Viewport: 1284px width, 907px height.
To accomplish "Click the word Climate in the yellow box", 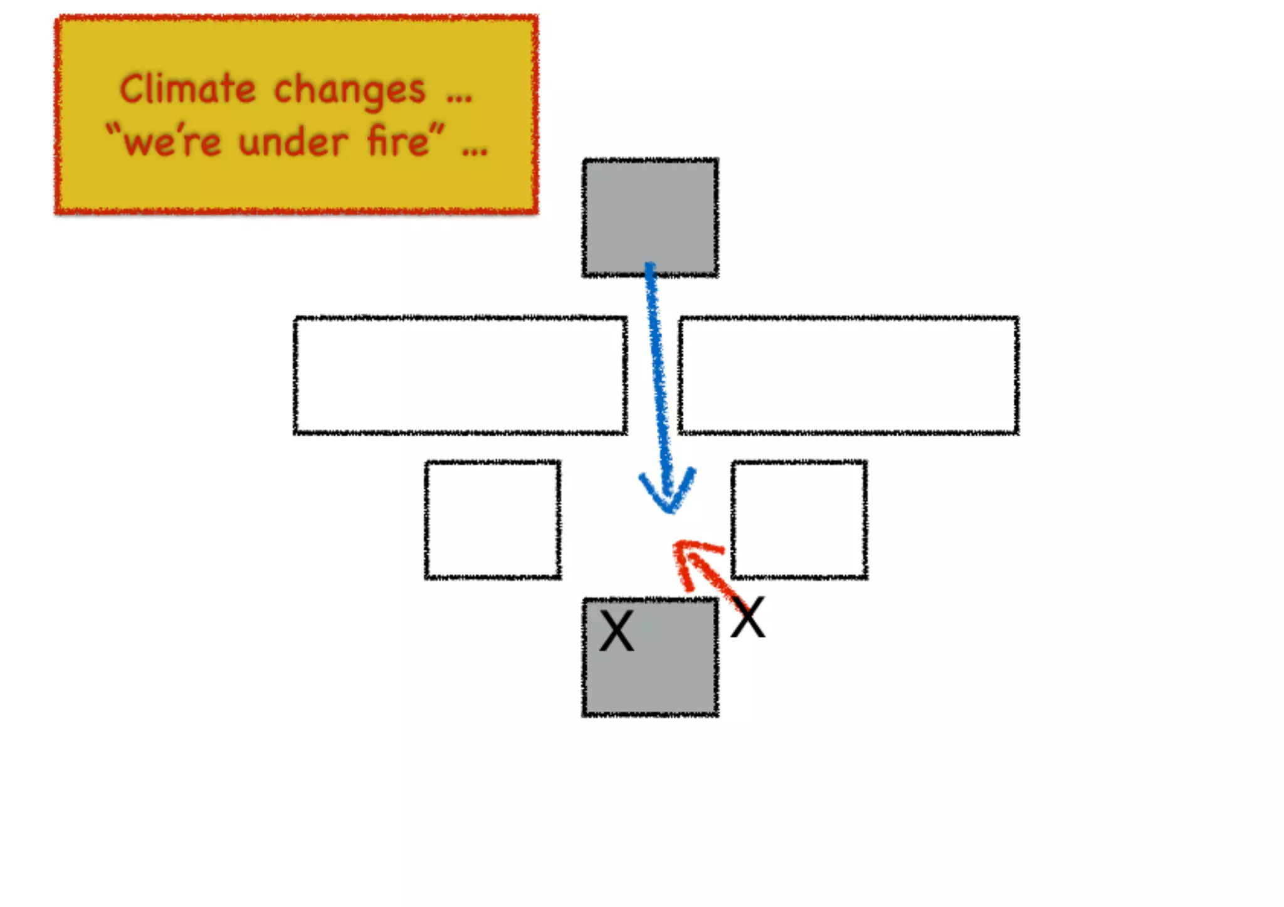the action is click(x=187, y=89).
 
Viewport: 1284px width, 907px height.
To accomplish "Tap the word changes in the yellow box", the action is click(x=349, y=92).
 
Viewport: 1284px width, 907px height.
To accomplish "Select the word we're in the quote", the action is click(x=172, y=142).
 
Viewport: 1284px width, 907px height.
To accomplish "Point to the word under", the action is click(x=293, y=142).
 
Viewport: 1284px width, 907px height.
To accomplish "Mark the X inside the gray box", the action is click(x=617, y=631).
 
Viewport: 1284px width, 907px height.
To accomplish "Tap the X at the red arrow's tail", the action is click(x=748, y=617).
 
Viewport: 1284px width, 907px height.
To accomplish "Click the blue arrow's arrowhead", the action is click(x=668, y=495).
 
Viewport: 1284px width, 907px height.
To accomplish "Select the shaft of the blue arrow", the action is click(x=658, y=376).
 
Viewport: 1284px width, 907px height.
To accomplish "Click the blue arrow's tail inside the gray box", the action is click(x=650, y=268).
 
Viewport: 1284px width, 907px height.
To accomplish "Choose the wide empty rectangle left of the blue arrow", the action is click(x=460, y=375).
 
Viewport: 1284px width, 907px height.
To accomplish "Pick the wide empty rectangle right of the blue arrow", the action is click(x=848, y=375).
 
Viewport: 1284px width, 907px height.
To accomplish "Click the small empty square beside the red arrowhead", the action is click(x=799, y=520).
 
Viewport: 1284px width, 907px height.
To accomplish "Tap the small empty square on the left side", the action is click(x=493, y=520).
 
